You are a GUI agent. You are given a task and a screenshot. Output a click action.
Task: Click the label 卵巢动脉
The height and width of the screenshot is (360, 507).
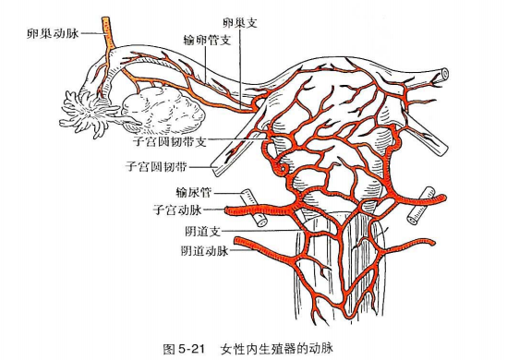click(x=53, y=33)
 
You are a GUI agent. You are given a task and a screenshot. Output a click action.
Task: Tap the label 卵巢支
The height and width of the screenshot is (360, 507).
click(x=240, y=23)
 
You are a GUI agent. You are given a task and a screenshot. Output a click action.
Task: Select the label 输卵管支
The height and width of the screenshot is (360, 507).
click(x=207, y=41)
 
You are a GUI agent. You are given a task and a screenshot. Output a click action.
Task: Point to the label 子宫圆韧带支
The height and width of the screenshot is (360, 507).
click(x=170, y=141)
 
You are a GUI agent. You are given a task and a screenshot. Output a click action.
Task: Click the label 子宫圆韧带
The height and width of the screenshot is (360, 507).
click(x=156, y=167)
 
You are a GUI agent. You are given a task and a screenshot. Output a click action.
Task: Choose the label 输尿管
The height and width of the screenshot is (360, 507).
click(x=194, y=193)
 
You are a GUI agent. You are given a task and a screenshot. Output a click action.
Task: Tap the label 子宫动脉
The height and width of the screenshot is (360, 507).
click(x=177, y=210)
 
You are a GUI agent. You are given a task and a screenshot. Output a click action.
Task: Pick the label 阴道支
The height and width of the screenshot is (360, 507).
click(x=203, y=231)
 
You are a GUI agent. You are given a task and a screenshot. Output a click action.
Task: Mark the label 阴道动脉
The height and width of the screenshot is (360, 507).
click(x=205, y=251)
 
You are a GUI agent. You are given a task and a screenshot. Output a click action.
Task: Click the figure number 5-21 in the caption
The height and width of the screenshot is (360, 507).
click(x=191, y=349)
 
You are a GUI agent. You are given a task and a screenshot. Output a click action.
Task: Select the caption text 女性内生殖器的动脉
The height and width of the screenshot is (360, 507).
click(x=277, y=349)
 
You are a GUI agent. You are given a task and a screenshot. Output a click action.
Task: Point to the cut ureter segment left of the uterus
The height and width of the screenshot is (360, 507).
click(x=254, y=208)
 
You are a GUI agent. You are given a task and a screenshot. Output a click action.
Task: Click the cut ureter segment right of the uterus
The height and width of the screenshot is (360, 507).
click(x=420, y=206)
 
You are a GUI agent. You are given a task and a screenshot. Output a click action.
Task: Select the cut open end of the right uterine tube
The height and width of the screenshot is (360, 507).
click(x=444, y=74)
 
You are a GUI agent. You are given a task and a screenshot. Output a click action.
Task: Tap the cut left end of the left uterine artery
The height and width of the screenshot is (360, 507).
click(x=227, y=211)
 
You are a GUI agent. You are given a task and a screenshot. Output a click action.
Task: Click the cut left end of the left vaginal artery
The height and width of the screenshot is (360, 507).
click(x=237, y=241)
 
